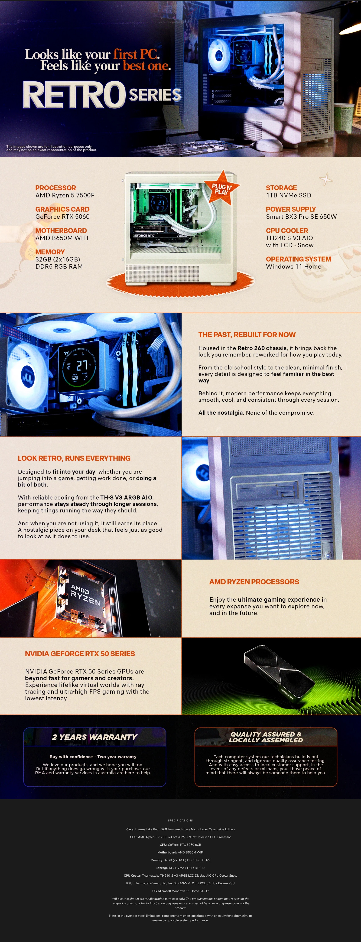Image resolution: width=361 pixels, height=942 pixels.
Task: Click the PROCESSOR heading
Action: click(56, 188)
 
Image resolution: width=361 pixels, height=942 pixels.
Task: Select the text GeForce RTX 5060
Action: click(63, 216)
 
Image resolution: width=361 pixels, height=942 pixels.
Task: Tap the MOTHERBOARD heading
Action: click(61, 230)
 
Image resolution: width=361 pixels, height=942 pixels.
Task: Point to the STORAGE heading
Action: click(281, 188)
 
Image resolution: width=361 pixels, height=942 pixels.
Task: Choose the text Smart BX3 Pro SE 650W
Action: click(301, 216)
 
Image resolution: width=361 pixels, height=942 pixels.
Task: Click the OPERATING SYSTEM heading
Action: click(298, 259)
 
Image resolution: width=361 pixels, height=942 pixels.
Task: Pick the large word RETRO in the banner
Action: click(74, 95)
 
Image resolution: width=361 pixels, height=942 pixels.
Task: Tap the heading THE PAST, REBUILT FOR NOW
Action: click(247, 335)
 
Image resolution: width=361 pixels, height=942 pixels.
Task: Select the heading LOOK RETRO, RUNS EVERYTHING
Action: click(74, 458)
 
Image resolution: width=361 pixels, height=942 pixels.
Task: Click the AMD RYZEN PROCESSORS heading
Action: click(254, 582)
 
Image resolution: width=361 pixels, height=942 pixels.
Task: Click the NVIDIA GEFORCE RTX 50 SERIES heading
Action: click(80, 653)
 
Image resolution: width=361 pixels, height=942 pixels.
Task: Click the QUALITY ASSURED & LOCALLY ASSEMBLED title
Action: click(266, 737)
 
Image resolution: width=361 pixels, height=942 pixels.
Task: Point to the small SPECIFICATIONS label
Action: click(180, 820)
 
